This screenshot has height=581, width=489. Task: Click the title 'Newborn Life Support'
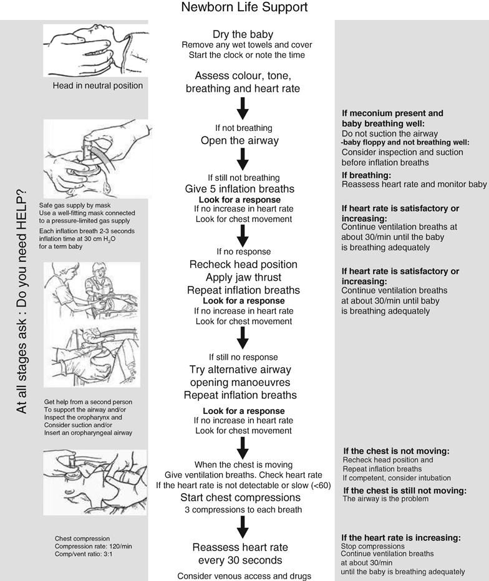click(x=243, y=8)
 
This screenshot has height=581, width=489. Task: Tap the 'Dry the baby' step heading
click(x=243, y=34)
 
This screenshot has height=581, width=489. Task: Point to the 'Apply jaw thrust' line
click(x=243, y=277)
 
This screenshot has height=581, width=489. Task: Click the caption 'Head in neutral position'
click(x=98, y=85)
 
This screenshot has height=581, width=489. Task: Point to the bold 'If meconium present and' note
click(x=392, y=113)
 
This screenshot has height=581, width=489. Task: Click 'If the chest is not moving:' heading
click(x=396, y=451)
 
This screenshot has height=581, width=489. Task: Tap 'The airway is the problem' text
click(x=386, y=499)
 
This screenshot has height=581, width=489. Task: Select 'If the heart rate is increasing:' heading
click(x=401, y=537)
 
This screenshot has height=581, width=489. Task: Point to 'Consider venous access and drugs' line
click(x=243, y=575)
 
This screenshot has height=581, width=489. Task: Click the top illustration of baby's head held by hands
click(x=94, y=50)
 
